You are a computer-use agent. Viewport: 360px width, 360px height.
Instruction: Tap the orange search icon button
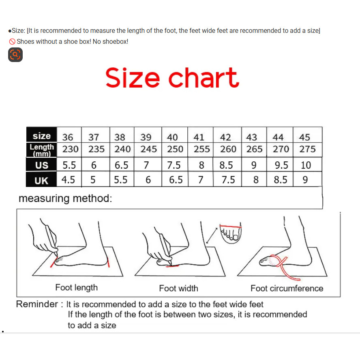pos(15,55)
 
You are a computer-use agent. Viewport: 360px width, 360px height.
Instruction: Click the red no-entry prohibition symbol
pos(12,42)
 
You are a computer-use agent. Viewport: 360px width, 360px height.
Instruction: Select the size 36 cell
pos(69,137)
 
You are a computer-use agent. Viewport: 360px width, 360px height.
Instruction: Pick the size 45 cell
pos(307,137)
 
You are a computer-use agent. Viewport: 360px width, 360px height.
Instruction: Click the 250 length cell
pos(175,150)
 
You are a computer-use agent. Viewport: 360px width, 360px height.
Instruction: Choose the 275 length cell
pos(307,150)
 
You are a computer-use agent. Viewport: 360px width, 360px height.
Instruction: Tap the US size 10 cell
pos(307,165)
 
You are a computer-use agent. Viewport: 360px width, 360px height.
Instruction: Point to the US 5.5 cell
pos(69,165)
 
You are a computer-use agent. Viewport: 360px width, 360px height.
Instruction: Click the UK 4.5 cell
pos(69,179)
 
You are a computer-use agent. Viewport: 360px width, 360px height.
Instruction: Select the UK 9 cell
pos(307,179)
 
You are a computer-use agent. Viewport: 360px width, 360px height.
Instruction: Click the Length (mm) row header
pos(42,150)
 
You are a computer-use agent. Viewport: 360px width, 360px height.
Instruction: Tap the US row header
pos(42,165)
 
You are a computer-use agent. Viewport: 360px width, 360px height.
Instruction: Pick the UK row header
pos(42,180)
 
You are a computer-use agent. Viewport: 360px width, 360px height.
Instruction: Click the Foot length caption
pos(77,288)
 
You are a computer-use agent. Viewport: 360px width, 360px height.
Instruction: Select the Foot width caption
pos(179,288)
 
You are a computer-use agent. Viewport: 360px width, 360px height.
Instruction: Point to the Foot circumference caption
pos(287,288)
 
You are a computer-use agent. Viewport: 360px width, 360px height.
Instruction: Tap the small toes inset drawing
pos(231,232)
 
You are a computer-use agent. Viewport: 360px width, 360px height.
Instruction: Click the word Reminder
pos(37,304)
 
